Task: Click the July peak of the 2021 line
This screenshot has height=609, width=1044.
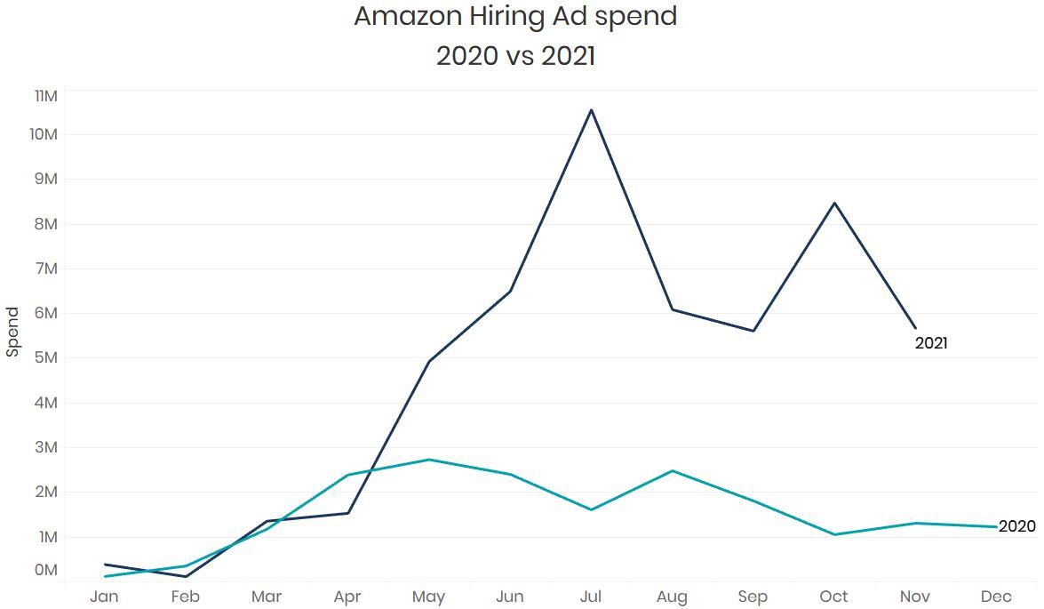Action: (591, 109)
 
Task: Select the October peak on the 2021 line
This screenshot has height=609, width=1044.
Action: (834, 203)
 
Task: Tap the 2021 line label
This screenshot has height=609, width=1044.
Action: (931, 343)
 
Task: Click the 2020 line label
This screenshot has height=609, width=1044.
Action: (1016, 526)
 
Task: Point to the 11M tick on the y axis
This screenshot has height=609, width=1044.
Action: (44, 96)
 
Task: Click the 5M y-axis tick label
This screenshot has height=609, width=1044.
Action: (44, 358)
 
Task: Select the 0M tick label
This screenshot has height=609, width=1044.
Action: (44, 570)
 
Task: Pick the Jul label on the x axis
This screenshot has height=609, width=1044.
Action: (591, 597)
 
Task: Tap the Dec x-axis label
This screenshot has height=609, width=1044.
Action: (996, 597)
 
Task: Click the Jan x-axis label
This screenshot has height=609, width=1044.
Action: (104, 597)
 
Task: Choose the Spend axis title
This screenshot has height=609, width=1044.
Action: (12, 332)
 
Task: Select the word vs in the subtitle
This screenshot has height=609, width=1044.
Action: (515, 56)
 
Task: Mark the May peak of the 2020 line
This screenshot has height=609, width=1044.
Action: (429, 460)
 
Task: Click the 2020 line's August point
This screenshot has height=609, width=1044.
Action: (673, 470)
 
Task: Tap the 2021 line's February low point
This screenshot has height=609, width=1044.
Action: (186, 576)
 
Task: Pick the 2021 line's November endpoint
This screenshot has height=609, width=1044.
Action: (915, 328)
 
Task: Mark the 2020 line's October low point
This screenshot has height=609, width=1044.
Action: (834, 534)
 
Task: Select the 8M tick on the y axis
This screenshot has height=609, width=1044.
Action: (44, 224)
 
